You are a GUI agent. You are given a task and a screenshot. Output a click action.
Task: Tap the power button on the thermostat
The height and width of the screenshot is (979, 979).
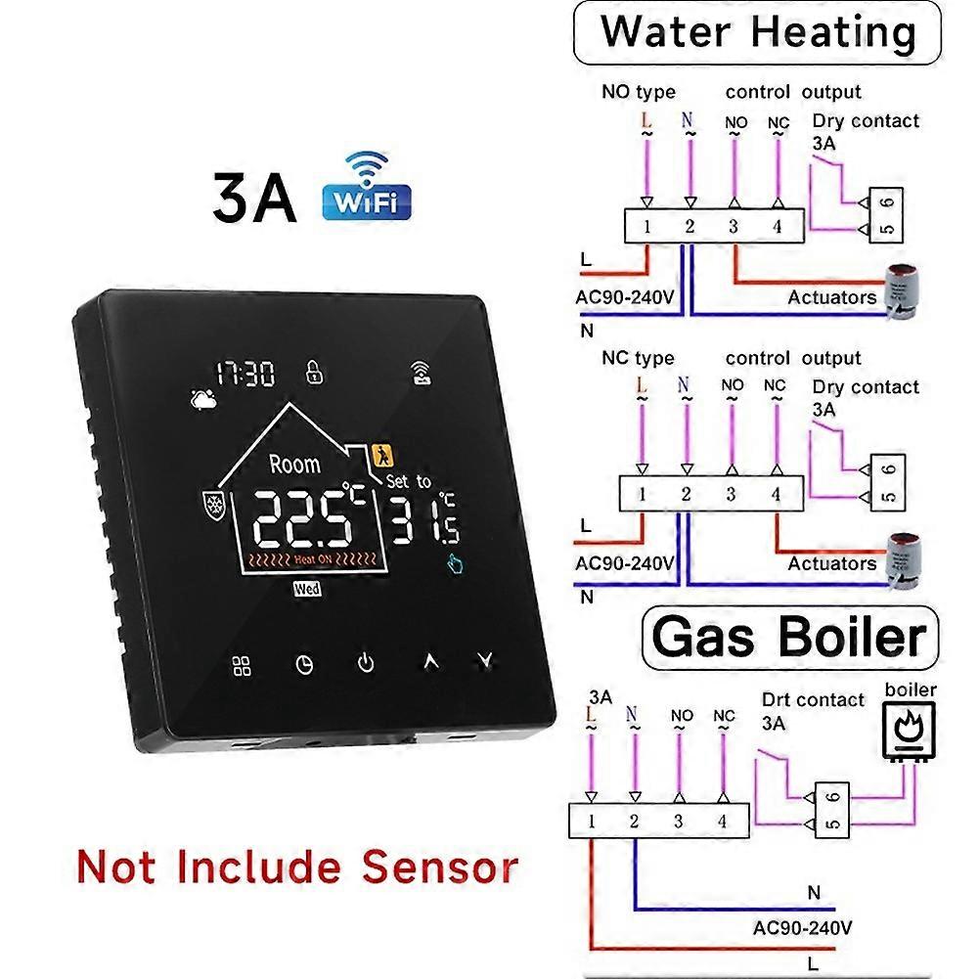(x=366, y=662)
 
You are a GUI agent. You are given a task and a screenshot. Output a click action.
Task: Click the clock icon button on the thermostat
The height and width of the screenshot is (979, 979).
(x=304, y=664)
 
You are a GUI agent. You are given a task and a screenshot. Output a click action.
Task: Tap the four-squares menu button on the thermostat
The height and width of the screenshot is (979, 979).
(x=242, y=666)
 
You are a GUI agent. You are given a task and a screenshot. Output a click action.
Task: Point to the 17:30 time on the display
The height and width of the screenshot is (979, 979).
(x=245, y=374)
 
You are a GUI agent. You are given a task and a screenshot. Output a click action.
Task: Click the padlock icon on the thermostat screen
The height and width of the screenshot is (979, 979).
(x=314, y=372)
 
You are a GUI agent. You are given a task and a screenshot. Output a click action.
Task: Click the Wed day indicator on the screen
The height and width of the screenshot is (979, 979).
(x=308, y=588)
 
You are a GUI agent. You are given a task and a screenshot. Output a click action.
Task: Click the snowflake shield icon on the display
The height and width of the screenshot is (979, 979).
(x=214, y=504)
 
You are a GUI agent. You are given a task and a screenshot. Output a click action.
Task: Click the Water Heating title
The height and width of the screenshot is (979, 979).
(x=757, y=32)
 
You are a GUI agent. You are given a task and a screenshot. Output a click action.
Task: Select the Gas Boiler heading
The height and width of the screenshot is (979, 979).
(x=789, y=638)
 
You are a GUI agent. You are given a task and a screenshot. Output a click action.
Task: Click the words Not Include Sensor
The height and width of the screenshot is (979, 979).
(x=297, y=868)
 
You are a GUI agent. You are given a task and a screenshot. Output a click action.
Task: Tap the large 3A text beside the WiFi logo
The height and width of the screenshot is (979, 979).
(x=254, y=198)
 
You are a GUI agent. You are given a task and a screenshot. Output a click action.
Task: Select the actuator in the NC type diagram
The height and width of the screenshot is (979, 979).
(x=904, y=560)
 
